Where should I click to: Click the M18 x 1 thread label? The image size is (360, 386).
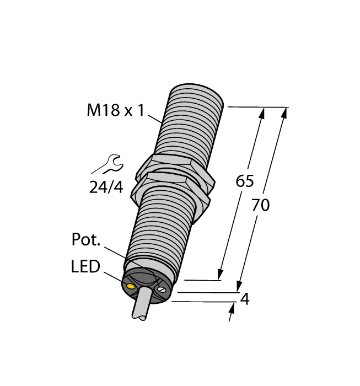(x=115, y=111)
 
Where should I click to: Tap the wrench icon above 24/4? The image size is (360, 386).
(x=108, y=164)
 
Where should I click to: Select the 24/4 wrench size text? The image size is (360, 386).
(x=106, y=187)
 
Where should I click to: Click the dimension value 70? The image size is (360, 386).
(x=260, y=205)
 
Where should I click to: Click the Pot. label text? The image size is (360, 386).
(x=86, y=240)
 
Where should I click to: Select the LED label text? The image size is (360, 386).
(x=85, y=267)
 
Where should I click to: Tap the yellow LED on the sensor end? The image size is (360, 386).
(x=131, y=287)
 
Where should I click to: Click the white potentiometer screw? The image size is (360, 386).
(x=162, y=289)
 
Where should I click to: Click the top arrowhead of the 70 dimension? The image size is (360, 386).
(x=284, y=112)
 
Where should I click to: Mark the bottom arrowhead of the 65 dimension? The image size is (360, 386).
(x=221, y=274)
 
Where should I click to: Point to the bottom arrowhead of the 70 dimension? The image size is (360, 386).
(x=239, y=286)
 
